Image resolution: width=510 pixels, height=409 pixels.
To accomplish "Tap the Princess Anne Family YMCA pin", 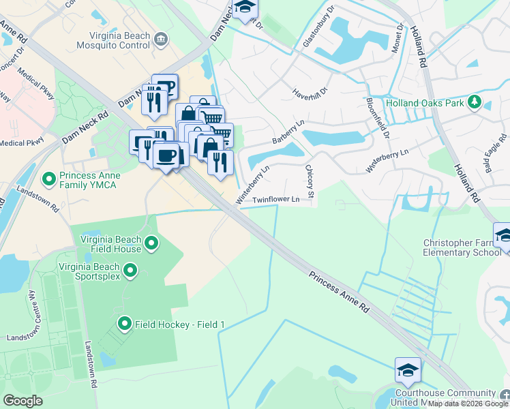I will [x=48, y=180].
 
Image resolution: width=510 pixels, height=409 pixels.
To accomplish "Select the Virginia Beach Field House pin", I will [x=151, y=243].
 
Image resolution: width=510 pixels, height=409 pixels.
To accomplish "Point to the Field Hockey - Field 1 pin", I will [x=124, y=324].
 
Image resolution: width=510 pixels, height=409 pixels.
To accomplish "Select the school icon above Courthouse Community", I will [x=407, y=370].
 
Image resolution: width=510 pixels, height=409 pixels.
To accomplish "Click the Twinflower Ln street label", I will [x=276, y=200].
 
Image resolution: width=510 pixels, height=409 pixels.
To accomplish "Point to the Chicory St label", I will [x=310, y=182].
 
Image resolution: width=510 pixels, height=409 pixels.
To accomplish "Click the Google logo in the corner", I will [x=22, y=400].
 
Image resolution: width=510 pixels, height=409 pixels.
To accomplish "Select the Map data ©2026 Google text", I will [x=468, y=404].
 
